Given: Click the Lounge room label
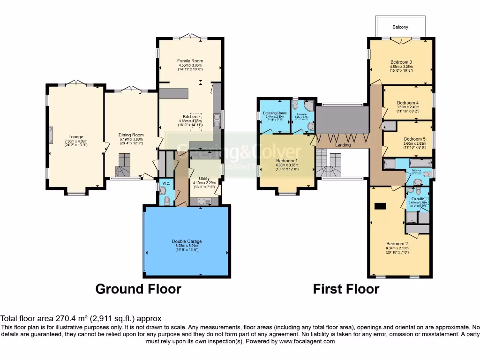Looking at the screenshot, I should (x=75, y=137).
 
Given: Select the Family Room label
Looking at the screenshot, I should (x=190, y=61).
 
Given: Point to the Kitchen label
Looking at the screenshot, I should (x=190, y=117).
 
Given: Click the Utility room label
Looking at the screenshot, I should (x=204, y=179).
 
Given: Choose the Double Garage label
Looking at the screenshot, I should (x=187, y=241).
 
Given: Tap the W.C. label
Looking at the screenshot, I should (x=165, y=183).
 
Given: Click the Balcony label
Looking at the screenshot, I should (x=400, y=27).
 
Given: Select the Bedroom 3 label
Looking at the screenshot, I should (x=401, y=62).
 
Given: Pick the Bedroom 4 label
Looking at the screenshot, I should (x=407, y=103).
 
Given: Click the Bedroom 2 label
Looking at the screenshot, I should (x=397, y=243).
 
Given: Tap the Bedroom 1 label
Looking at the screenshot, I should (x=286, y=160).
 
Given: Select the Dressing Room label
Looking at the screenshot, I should (x=275, y=113).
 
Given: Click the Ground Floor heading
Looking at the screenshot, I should (x=138, y=289).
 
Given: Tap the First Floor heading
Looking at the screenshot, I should (x=346, y=289).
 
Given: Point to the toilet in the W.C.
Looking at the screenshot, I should (x=163, y=191).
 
